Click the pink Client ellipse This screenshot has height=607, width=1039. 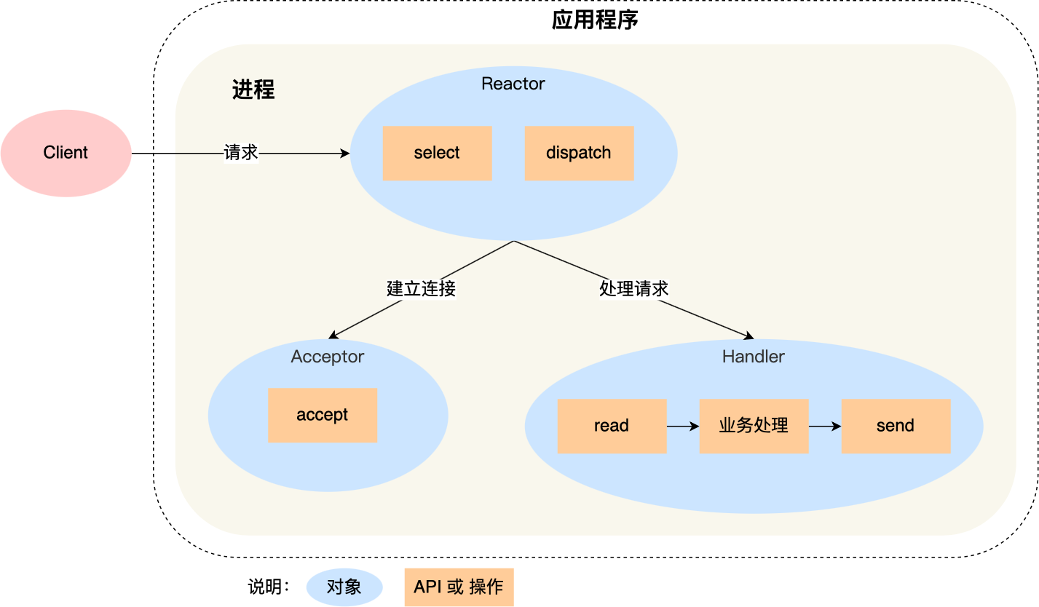click(x=66, y=153)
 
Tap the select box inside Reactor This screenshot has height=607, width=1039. click(x=437, y=153)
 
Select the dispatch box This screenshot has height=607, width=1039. click(x=579, y=153)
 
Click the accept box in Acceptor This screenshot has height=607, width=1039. click(x=322, y=415)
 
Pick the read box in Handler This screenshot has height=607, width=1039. click(x=612, y=426)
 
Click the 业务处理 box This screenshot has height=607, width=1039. click(x=754, y=426)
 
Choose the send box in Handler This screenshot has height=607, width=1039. click(x=896, y=426)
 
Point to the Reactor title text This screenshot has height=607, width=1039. click(x=513, y=84)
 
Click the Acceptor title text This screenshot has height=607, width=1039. click(x=327, y=357)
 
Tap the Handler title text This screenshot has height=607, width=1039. click(x=753, y=357)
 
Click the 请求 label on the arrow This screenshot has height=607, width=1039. click(x=240, y=153)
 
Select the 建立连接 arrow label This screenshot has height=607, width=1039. click(x=421, y=289)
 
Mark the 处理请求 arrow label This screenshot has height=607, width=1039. click(x=633, y=289)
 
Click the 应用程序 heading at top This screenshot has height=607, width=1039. click(x=595, y=20)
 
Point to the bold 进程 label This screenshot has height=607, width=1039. click(x=253, y=90)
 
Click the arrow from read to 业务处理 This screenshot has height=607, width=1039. click(x=682, y=427)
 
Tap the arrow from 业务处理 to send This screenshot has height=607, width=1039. click(x=824, y=427)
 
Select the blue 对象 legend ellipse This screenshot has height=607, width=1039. click(x=344, y=587)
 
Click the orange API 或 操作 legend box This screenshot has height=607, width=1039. click(x=459, y=587)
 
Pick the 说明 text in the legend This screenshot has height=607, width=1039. click(x=268, y=587)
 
